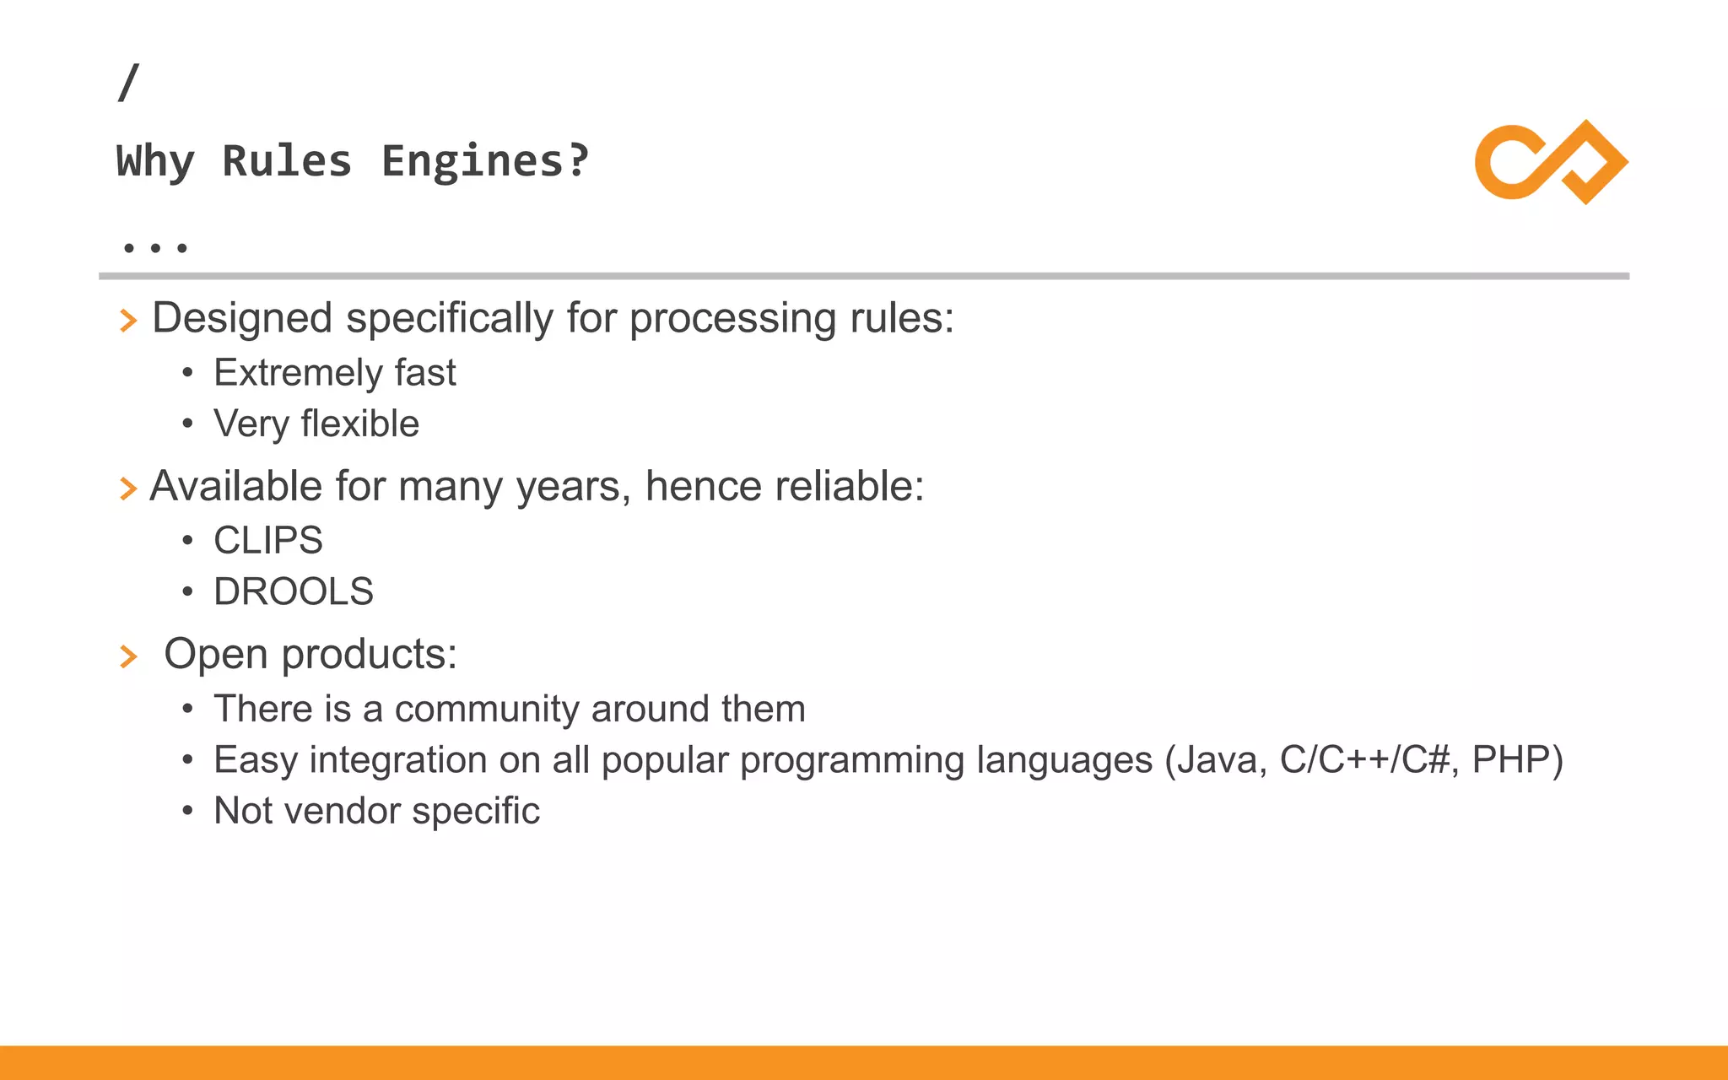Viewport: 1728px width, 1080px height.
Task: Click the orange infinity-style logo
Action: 1551,162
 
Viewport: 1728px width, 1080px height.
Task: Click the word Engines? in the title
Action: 485,160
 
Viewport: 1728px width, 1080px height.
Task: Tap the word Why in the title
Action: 155,160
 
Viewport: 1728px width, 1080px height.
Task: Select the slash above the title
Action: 128,83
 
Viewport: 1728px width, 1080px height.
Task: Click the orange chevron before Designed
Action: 128,321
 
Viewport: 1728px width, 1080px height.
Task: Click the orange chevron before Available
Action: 128,489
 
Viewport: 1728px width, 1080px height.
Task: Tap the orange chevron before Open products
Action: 128,656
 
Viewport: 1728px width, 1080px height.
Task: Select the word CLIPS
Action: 268,541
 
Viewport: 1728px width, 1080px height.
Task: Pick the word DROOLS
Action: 294,591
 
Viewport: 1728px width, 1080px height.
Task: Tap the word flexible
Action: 359,424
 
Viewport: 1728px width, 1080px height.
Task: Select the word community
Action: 487,710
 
